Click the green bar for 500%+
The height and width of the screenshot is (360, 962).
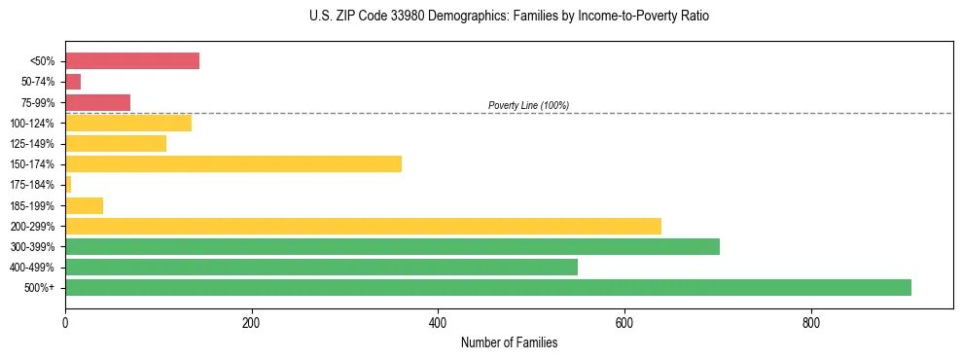[488, 287]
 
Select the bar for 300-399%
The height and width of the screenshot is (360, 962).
[392, 246]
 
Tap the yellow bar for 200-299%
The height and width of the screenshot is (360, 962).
[363, 226]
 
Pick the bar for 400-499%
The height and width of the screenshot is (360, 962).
[321, 267]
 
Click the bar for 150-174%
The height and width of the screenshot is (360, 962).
[233, 163]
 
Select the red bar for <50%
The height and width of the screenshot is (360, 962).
[132, 61]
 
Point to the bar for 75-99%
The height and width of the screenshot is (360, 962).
[97, 102]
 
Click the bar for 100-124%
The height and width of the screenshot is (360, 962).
[128, 123]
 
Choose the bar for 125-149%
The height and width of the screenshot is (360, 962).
[116, 143]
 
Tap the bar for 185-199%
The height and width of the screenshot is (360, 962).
[85, 205]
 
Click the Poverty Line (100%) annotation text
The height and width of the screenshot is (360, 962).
[528, 105]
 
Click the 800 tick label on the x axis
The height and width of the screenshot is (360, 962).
[811, 322]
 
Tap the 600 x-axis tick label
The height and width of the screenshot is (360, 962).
[624, 322]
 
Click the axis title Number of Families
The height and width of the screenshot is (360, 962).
[509, 342]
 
